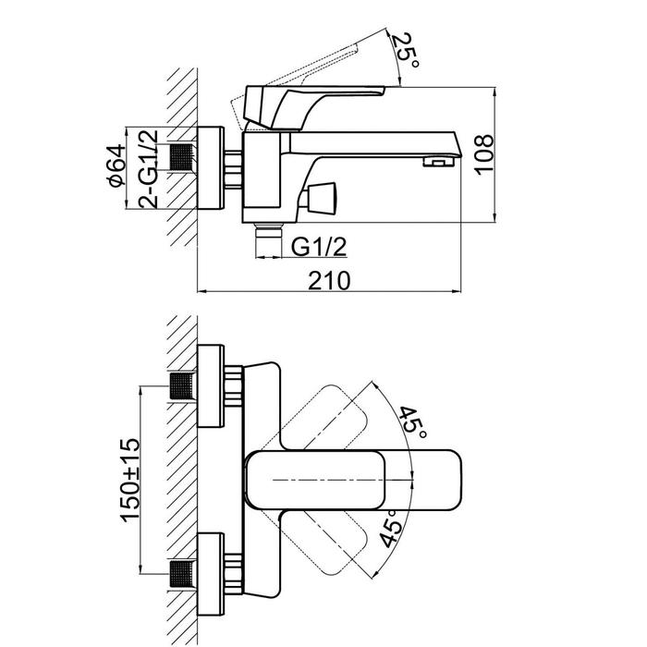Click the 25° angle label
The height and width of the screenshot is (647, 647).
click(405, 51)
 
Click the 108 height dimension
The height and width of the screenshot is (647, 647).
click(483, 154)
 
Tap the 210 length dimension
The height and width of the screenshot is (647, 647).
click(329, 281)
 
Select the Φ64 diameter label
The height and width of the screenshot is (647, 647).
click(116, 165)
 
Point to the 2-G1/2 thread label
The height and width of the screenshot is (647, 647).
click(148, 169)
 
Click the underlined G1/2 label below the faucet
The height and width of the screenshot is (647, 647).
click(319, 247)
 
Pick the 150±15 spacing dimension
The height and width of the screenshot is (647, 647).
click(130, 481)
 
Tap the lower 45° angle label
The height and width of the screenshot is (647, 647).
click(390, 529)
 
